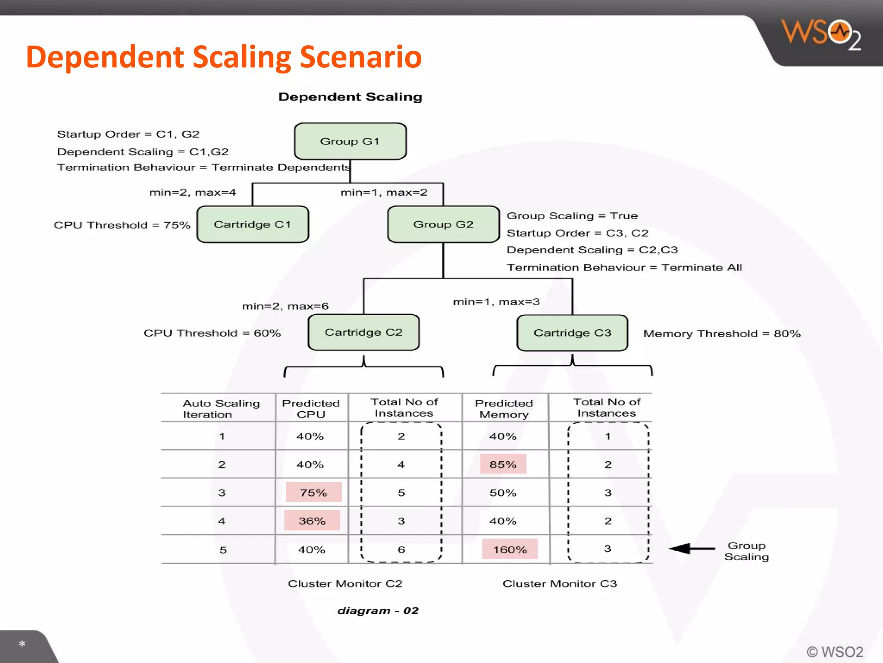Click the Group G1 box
coord(350,141)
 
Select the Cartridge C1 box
coord(253,224)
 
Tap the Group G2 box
coord(443,224)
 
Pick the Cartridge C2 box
coord(363,332)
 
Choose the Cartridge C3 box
coord(572,333)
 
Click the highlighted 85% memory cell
coord(503,464)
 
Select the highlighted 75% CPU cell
coord(313,493)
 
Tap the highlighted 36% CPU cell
coord(312,521)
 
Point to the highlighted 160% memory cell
coord(510,549)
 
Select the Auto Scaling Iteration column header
coord(221,408)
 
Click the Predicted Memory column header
coord(504,408)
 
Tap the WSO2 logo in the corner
coord(821,35)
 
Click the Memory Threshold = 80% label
coord(722,334)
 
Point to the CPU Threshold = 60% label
coord(212,333)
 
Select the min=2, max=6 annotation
coord(285,306)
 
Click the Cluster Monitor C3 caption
coord(560,584)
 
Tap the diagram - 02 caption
coord(378,610)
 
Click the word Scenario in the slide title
coord(360,57)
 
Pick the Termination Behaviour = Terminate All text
coord(624,267)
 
